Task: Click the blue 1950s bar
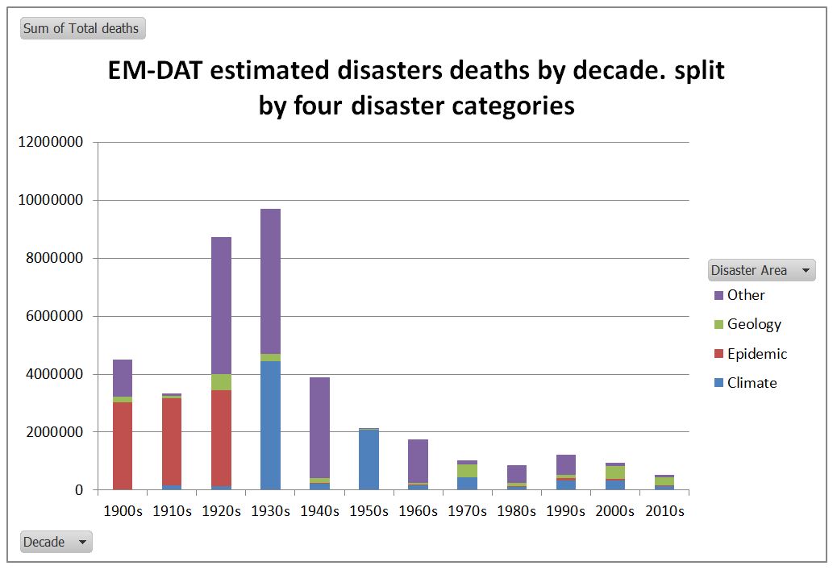click(x=369, y=460)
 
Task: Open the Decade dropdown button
click(x=56, y=542)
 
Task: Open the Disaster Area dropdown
click(x=761, y=270)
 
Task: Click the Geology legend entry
click(x=753, y=324)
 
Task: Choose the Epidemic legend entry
click(x=756, y=354)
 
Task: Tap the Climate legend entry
click(x=752, y=383)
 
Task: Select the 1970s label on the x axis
click(x=467, y=511)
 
